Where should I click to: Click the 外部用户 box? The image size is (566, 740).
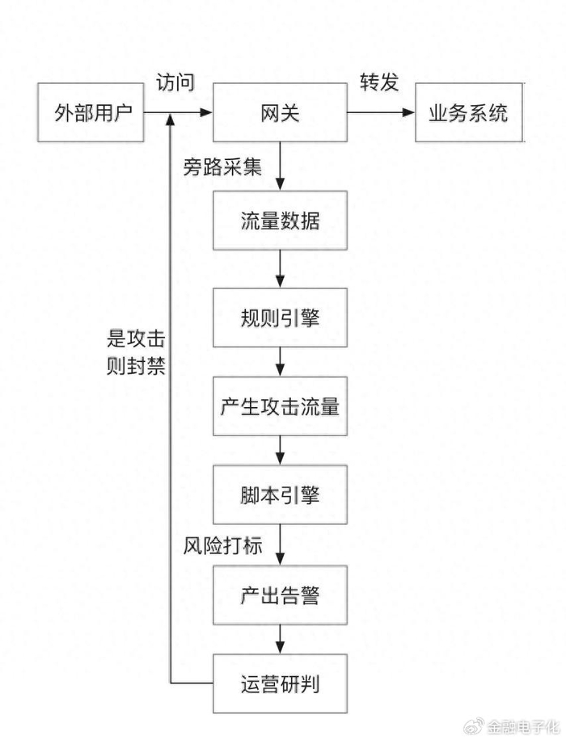click(91, 112)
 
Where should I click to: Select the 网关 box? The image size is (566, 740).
click(280, 112)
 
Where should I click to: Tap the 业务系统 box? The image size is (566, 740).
click(468, 112)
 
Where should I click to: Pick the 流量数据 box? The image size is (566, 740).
click(280, 220)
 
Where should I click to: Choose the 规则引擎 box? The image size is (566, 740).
click(280, 317)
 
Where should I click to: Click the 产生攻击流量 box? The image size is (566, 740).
click(280, 406)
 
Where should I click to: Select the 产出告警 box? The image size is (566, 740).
click(280, 596)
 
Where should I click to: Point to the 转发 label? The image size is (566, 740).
click(379, 82)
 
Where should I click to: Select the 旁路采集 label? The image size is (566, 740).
click(223, 167)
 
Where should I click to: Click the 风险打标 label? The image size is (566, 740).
click(223, 546)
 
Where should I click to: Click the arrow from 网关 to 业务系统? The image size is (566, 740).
click(381, 112)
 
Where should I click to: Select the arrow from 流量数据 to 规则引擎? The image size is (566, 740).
click(280, 268)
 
